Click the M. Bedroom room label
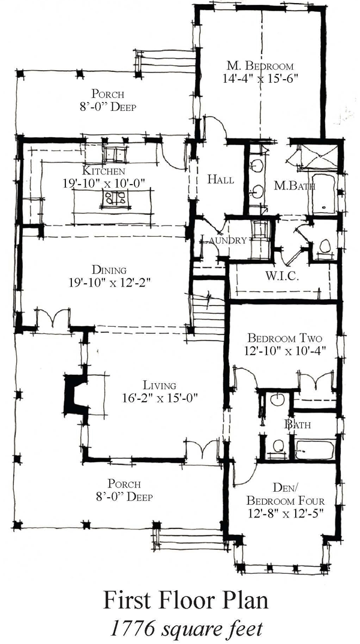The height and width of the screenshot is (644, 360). tap(260, 66)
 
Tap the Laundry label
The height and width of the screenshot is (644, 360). tap(224, 240)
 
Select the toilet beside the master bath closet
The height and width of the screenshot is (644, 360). tap(325, 247)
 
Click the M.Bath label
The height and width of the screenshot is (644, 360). tap(294, 186)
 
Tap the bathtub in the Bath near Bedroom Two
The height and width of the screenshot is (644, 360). tap(315, 450)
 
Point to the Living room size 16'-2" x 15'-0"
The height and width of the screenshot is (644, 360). tap(160, 397)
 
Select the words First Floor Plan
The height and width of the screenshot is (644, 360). tap(186, 600)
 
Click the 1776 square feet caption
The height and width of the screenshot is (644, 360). tap(186, 628)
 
